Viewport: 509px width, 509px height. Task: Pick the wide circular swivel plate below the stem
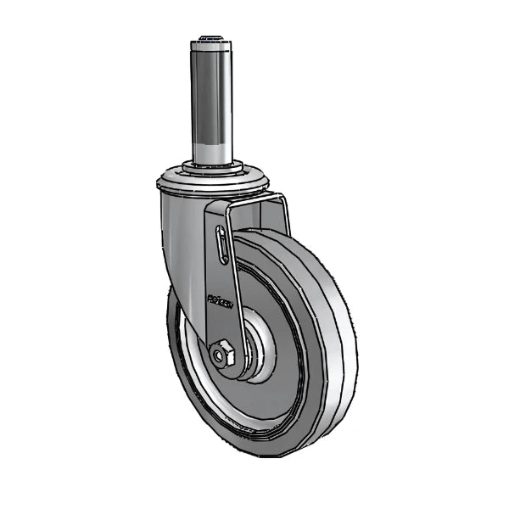(x=214, y=182)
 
